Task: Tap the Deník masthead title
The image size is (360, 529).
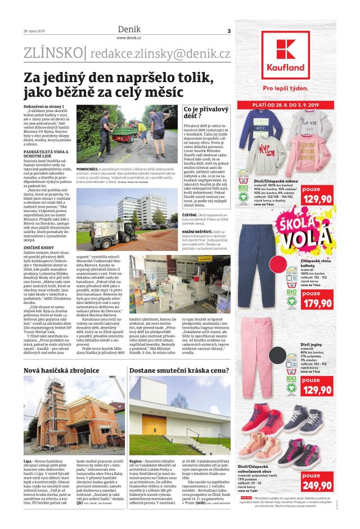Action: point(129,29)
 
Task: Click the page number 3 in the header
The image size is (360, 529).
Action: point(229,31)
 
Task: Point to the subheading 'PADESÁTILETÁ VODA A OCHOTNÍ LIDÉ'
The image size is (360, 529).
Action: point(48,155)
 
